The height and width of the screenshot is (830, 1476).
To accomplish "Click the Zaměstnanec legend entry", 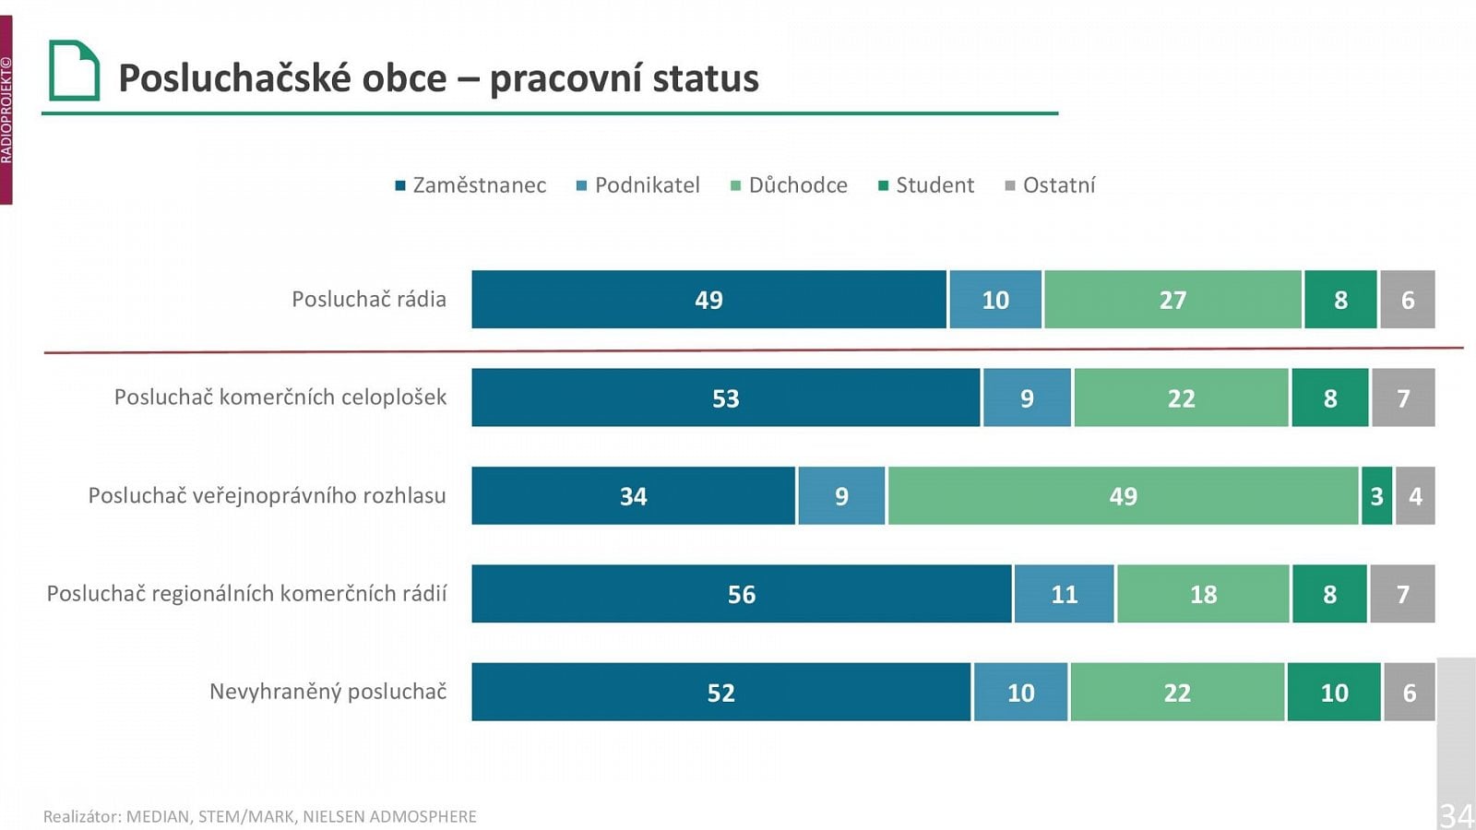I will click(470, 185).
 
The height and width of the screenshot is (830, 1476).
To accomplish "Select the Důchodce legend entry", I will click(790, 185).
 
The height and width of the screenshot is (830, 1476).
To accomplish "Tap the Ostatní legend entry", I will click(1051, 185).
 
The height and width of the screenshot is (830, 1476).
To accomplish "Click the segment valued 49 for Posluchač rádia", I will click(708, 300).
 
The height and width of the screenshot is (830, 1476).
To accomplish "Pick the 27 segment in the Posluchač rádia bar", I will click(1172, 300).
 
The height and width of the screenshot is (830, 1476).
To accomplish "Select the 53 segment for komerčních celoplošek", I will click(725, 398).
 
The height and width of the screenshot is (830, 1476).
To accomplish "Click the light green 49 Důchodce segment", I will click(1123, 496).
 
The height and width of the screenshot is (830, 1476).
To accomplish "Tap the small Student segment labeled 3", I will click(1376, 496).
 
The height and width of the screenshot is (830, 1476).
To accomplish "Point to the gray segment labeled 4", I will click(1415, 496).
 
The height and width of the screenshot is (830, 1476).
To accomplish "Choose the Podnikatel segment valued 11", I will click(1064, 594).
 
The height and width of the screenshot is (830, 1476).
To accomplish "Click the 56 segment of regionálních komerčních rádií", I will click(741, 594).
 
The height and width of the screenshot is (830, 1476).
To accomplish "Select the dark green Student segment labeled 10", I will click(1334, 693).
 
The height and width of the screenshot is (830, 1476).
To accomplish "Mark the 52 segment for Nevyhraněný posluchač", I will click(720, 693).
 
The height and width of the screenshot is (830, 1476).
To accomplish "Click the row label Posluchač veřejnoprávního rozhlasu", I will click(267, 496).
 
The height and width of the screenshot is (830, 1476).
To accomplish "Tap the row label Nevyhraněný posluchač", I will click(327, 692).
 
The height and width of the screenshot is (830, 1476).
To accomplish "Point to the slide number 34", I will click(1457, 815).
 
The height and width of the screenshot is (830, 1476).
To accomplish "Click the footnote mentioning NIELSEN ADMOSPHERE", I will click(260, 816).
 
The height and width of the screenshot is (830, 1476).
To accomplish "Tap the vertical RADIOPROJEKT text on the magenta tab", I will click(6, 111).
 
